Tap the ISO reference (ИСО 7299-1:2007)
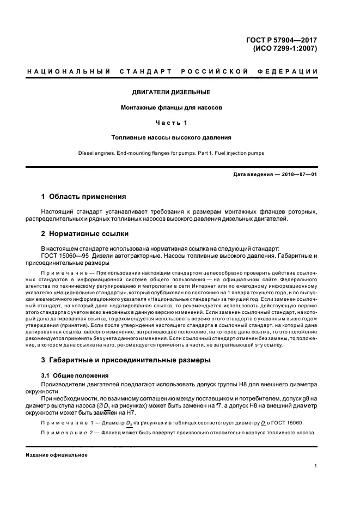(x=285, y=47)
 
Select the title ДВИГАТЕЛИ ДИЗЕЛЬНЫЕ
(x=172, y=93)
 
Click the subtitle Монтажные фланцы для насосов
(x=172, y=107)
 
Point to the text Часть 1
(x=172, y=123)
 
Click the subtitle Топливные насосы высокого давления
(x=172, y=138)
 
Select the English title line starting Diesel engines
(x=172, y=153)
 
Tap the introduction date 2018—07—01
(x=298, y=174)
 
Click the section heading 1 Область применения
(x=84, y=196)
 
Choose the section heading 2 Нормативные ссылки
(x=85, y=234)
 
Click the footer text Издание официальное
(x=57, y=454)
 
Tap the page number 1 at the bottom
(x=316, y=466)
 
